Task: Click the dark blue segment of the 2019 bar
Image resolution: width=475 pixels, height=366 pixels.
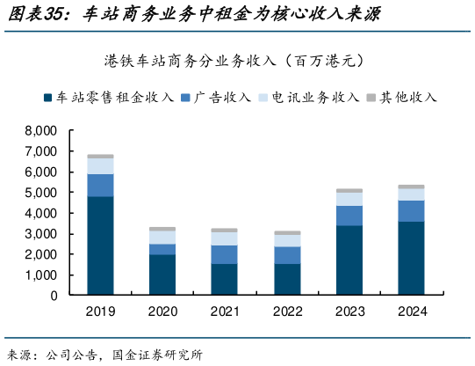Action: [x=100, y=245]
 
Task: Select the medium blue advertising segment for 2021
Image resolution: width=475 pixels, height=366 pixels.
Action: [x=224, y=254]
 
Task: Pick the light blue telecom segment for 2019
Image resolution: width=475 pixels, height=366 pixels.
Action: [x=100, y=165]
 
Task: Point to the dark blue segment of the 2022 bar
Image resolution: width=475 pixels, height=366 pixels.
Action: [x=286, y=279]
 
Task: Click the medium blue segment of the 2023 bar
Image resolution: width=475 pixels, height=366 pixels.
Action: [x=349, y=216]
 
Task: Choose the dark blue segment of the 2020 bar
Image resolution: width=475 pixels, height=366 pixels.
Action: [x=162, y=274]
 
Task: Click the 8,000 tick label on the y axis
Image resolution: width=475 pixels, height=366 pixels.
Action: [x=41, y=130]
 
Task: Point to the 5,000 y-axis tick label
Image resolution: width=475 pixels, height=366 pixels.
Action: [x=41, y=192]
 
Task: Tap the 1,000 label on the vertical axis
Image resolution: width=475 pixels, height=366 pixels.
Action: [x=41, y=275]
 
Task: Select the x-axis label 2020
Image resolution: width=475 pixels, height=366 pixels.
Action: [x=162, y=311]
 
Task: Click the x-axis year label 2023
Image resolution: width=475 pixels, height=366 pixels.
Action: [x=349, y=311]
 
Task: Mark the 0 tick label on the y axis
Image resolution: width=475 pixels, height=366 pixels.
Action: [x=54, y=296]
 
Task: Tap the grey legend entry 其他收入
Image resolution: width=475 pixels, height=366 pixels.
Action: [x=407, y=98]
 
